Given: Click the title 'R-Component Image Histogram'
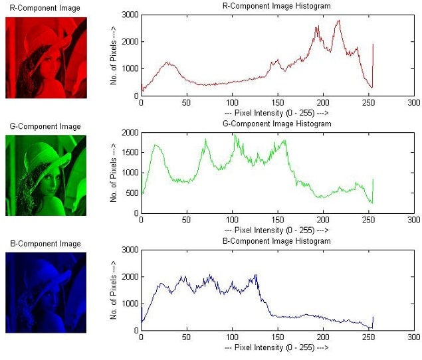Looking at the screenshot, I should pyautogui.click(x=276, y=6).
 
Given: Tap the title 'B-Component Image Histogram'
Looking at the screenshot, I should pyautogui.click(x=276, y=240).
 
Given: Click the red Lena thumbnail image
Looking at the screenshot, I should pyautogui.click(x=46, y=57).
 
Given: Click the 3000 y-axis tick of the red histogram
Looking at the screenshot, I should pyautogui.click(x=130, y=15).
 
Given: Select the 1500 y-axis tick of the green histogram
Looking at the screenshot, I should pyautogui.click(x=130, y=153).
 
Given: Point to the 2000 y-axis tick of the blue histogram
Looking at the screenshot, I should pyautogui.click(x=130, y=276).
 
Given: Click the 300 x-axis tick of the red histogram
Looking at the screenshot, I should pyautogui.click(x=413, y=104).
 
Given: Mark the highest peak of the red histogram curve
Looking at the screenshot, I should pyautogui.click(x=339, y=21).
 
